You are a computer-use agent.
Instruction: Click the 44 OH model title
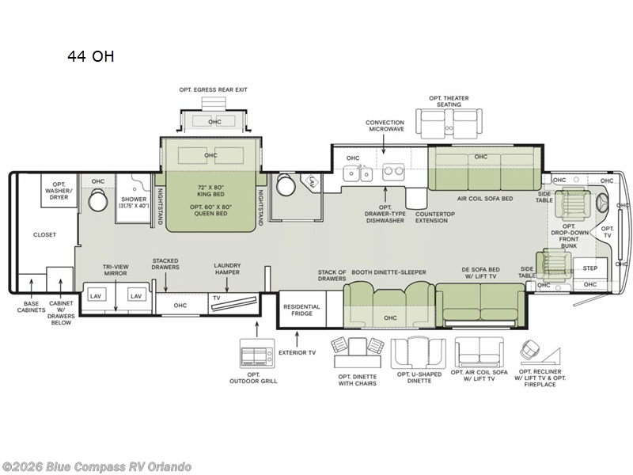91,56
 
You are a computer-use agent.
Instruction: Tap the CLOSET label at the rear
44,234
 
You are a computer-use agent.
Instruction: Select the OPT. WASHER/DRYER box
59,191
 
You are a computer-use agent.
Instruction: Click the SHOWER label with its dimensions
134,203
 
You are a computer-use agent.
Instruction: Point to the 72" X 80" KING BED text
210,191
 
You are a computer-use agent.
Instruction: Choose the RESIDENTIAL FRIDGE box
302,309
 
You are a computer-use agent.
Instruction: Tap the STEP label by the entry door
589,268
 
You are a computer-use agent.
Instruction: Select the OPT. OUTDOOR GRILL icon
257,353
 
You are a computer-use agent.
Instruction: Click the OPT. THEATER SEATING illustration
449,124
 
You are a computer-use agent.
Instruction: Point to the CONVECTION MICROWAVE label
385,126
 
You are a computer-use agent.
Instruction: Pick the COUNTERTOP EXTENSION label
434,217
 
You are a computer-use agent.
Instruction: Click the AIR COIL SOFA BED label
485,199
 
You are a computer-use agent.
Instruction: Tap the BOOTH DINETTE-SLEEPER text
389,272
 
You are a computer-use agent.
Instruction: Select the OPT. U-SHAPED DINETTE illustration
419,353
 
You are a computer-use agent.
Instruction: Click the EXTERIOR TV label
298,352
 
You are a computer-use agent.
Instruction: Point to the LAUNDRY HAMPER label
227,269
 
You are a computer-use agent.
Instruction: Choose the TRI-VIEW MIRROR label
116,270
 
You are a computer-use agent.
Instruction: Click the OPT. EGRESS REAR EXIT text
213,89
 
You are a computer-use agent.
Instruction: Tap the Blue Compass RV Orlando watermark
96,467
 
